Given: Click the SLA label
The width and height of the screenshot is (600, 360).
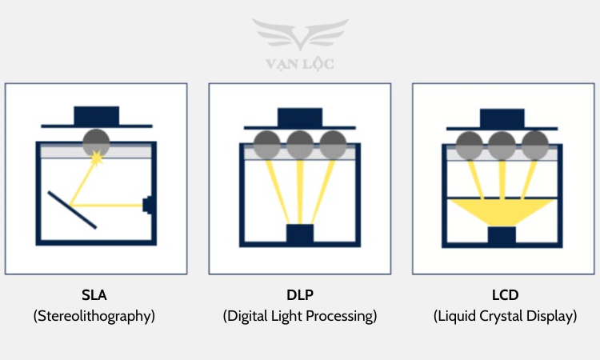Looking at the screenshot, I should tap(94, 295).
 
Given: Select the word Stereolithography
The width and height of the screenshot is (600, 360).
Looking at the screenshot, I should tap(94, 316).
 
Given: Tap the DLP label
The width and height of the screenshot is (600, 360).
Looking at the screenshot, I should tap(299, 295).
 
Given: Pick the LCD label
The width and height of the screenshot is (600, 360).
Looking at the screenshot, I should tap(505, 295).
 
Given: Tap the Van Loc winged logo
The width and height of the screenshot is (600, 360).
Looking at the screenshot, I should tap(300, 36).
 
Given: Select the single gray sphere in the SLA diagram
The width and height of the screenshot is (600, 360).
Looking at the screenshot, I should tap(97, 142).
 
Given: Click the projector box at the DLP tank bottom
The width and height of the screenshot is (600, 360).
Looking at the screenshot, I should tap(300, 235).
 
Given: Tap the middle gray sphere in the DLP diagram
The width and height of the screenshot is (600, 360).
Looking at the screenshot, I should tap(300, 145).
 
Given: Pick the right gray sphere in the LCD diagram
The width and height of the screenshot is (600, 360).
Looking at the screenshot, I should tap(535, 145).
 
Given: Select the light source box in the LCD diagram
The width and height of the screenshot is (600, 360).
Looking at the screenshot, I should tap(502, 237).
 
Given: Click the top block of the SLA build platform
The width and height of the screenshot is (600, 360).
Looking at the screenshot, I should tap(97, 115).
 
